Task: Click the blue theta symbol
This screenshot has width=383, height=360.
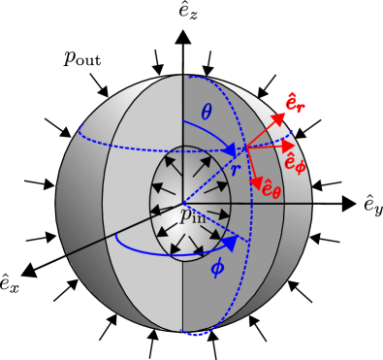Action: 206,113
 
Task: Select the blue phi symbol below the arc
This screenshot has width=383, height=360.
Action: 217,267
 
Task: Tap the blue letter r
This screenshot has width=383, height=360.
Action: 235,169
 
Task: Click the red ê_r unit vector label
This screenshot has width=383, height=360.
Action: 295,102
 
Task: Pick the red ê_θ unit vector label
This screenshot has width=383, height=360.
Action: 271,188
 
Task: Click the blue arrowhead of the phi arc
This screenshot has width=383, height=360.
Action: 230,244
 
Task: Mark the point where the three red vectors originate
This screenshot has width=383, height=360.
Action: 245,147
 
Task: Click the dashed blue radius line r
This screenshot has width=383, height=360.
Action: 215,175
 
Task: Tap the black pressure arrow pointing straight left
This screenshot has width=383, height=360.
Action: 155,204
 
